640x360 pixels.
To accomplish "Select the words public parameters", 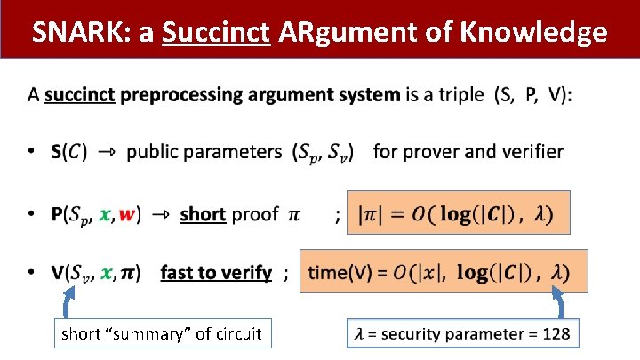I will click(204, 152).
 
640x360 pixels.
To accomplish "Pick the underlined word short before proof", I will click(202, 215).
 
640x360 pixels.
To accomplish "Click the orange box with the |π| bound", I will click(457, 214).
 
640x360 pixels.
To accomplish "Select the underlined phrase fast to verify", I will click(215, 273).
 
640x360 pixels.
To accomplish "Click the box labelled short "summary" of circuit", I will click(161, 334).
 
